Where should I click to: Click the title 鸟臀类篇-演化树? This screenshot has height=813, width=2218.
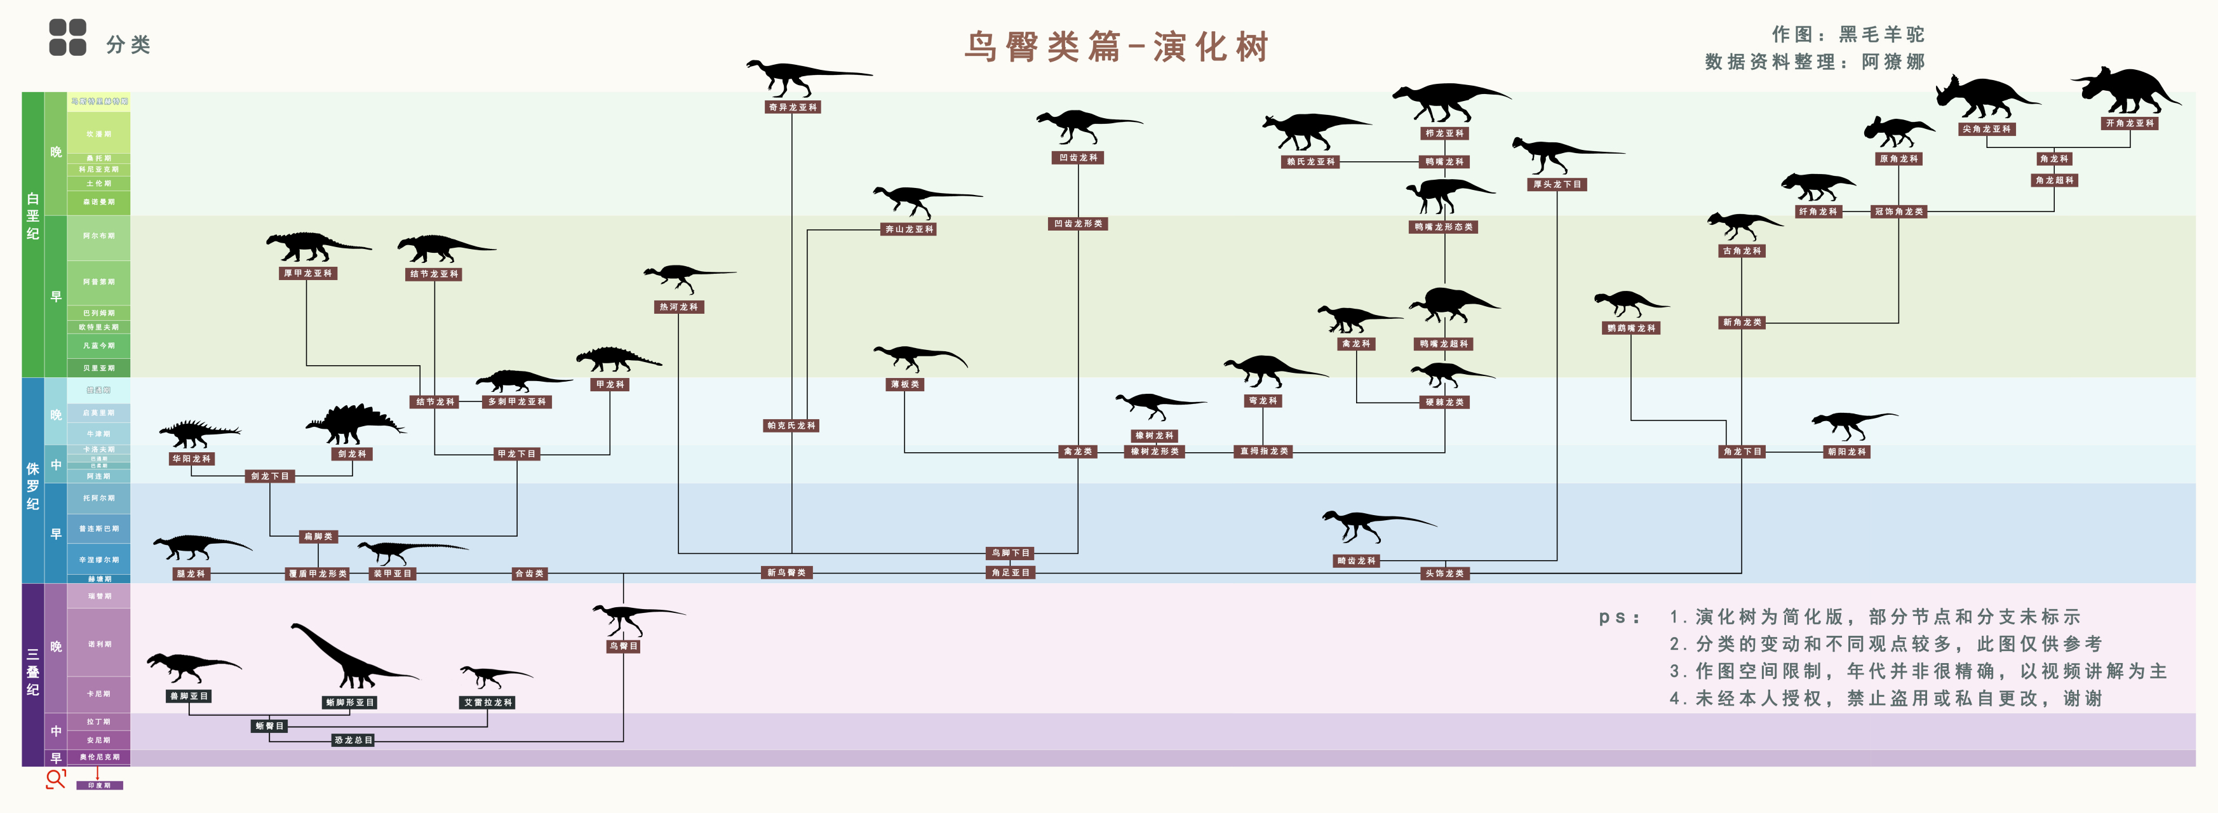click(1117, 46)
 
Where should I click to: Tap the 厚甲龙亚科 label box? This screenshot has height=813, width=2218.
click(307, 273)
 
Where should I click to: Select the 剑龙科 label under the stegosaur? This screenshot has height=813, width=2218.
click(351, 454)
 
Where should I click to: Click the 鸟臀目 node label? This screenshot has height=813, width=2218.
click(622, 646)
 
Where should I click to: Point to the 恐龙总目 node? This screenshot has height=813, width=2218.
click(353, 740)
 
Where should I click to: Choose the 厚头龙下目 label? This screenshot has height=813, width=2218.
click(1557, 184)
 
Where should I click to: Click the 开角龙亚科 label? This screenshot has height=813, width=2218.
click(2129, 123)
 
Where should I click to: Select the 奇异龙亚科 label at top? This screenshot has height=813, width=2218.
click(792, 107)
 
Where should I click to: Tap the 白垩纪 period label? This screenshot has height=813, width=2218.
click(33, 216)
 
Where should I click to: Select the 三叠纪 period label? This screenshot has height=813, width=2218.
click(33, 673)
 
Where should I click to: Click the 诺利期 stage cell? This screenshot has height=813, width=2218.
click(99, 644)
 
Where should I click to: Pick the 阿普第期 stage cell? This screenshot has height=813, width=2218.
click(99, 281)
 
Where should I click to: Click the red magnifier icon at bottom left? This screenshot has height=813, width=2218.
click(56, 779)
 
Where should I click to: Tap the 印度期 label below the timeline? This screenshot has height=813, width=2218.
click(99, 786)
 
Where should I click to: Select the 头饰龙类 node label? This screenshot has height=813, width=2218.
click(1444, 574)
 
